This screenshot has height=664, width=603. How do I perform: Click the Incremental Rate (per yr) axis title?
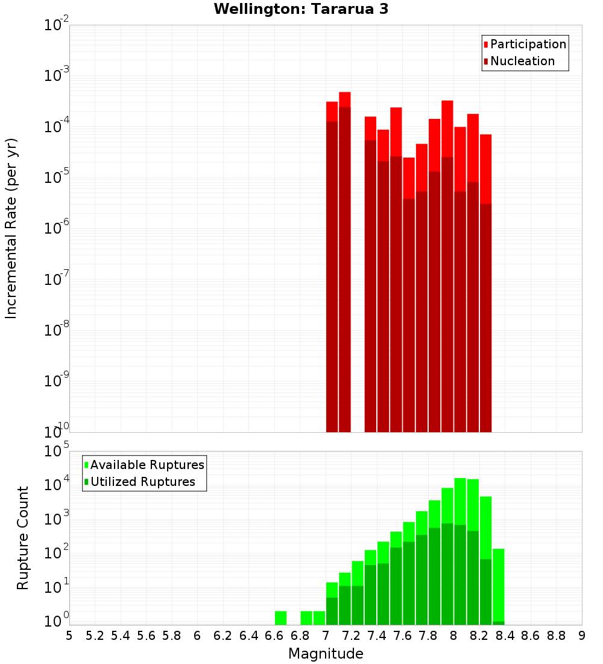[x=11, y=228]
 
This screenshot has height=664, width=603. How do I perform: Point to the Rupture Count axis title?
[x=23, y=538]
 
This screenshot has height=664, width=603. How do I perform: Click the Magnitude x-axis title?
[x=326, y=654]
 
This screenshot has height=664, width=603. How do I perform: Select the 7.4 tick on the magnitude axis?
[x=377, y=636]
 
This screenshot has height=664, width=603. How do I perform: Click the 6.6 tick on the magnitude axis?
[x=274, y=636]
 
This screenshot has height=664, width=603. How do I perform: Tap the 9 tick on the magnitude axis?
[x=582, y=636]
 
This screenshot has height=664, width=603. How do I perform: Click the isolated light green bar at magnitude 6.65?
[x=280, y=618]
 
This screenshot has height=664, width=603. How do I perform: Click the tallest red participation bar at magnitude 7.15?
[x=345, y=100]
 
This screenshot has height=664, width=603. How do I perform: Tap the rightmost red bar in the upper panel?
[x=486, y=169]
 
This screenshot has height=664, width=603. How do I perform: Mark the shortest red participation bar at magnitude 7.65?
[x=409, y=178]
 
